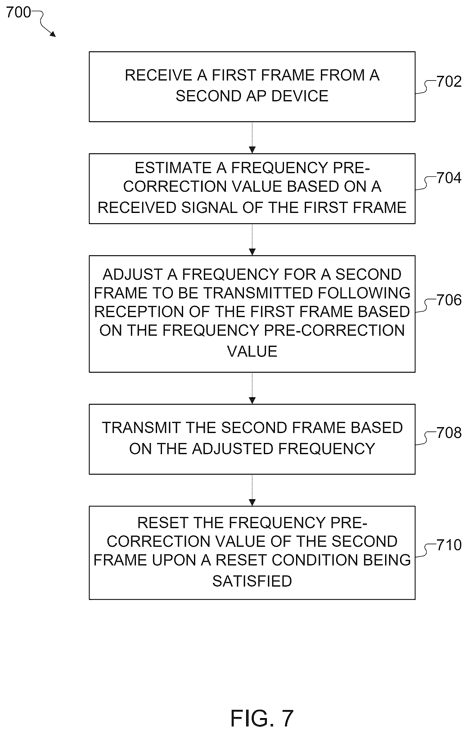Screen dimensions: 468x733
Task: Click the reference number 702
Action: [449, 82]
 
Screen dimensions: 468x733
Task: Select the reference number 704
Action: [449, 178]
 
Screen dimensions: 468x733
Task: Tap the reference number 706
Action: [449, 300]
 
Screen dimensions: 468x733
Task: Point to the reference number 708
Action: [449, 433]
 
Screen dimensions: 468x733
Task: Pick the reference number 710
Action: [449, 545]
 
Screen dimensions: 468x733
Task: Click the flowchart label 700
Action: [19, 12]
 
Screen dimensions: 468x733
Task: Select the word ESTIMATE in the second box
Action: [173, 168]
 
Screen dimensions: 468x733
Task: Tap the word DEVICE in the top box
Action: [300, 96]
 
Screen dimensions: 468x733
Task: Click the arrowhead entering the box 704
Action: [252, 150]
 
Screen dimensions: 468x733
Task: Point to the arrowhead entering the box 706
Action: [252, 252]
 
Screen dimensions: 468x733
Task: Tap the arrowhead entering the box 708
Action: [252, 400]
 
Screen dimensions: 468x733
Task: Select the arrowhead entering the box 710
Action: [252, 502]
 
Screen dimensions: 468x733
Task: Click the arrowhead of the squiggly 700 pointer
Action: [53, 35]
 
